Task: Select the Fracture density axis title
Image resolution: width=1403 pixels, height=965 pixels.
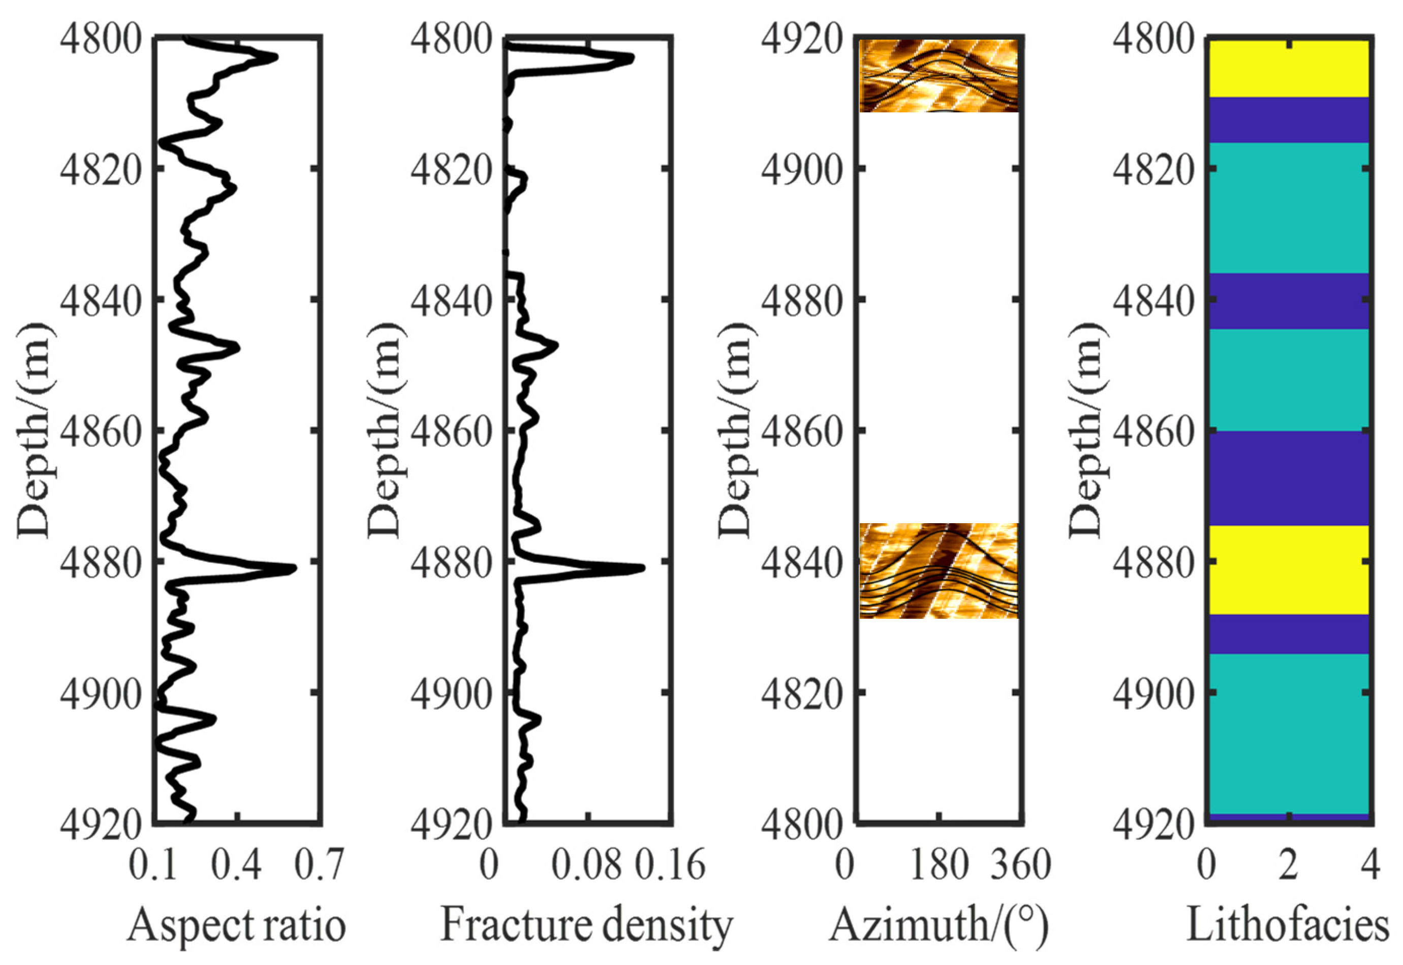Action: pos(586,925)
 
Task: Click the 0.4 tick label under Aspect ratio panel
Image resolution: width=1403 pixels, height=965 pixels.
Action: pos(237,865)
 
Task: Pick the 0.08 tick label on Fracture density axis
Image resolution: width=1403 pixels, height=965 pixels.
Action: pos(586,865)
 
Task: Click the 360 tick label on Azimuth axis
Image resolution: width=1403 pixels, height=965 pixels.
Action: pos(1020,865)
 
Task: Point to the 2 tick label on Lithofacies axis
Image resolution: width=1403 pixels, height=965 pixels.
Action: pos(1288,865)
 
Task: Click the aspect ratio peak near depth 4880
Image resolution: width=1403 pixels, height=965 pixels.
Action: pos(293,569)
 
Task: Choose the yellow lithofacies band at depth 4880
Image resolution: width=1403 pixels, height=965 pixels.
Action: pos(1288,569)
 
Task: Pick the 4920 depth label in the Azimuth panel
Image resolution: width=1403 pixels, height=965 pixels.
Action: pos(801,39)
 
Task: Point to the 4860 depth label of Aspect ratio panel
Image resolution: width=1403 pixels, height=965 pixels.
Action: pos(100,431)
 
